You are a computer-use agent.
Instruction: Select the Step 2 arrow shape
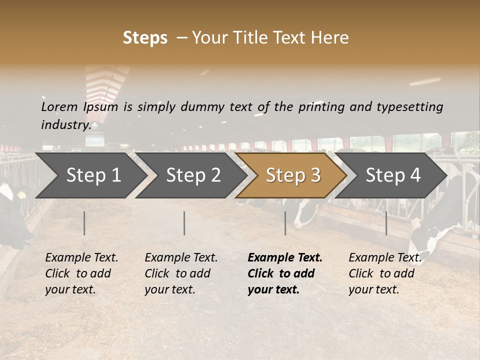193,175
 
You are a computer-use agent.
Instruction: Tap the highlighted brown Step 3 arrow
292,175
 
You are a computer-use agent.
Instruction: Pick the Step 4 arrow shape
393,175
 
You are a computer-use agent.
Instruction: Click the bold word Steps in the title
145,38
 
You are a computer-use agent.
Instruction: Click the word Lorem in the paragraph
59,107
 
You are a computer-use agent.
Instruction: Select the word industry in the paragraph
65,125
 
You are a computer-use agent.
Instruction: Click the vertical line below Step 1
84,223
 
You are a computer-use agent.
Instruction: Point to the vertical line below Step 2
184,223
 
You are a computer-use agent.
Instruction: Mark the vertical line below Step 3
285,223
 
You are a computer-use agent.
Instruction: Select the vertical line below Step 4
386,223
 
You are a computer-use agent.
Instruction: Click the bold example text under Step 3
284,273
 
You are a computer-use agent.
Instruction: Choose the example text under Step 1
81,273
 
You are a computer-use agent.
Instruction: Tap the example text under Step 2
180,273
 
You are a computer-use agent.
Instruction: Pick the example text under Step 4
384,273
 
